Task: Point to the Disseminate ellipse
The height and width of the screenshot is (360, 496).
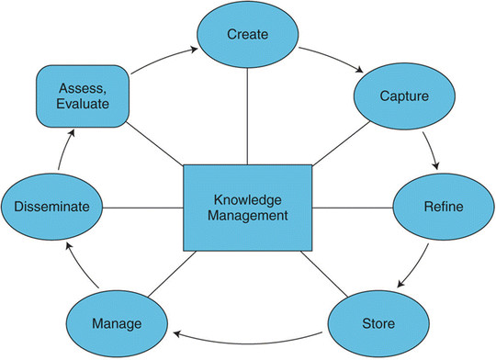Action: point(51,208)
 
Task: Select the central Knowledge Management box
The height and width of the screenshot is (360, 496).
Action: point(247,208)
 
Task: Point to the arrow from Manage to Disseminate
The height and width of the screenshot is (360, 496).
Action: point(69,266)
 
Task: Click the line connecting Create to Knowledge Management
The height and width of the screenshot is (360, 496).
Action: point(247,115)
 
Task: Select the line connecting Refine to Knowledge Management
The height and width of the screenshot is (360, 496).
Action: point(354,207)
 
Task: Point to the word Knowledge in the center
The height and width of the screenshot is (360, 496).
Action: point(247,199)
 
